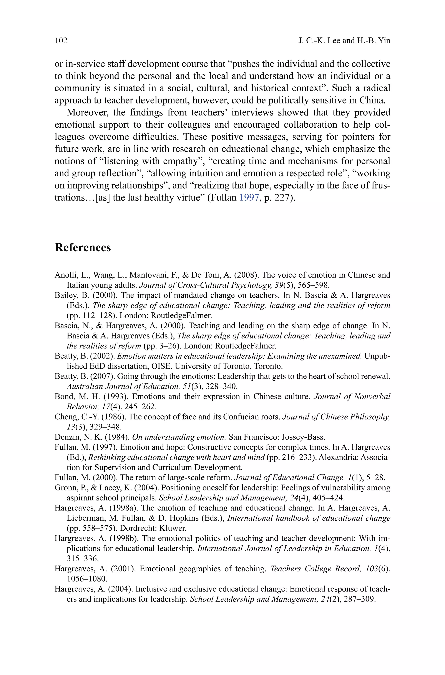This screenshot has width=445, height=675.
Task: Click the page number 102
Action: click(x=61, y=41)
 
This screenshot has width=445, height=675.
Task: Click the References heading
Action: click(x=83, y=248)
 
